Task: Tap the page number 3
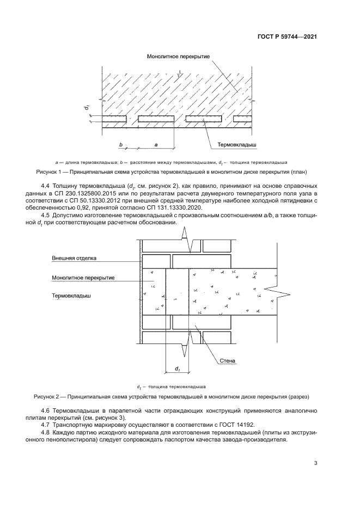(x=315, y=463)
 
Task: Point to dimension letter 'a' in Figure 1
(x=156, y=145)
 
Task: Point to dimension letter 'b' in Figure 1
(x=121, y=145)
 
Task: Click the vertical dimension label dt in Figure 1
(x=86, y=108)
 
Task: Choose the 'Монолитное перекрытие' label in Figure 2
(x=83, y=277)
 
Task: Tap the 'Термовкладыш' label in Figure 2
(x=71, y=297)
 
